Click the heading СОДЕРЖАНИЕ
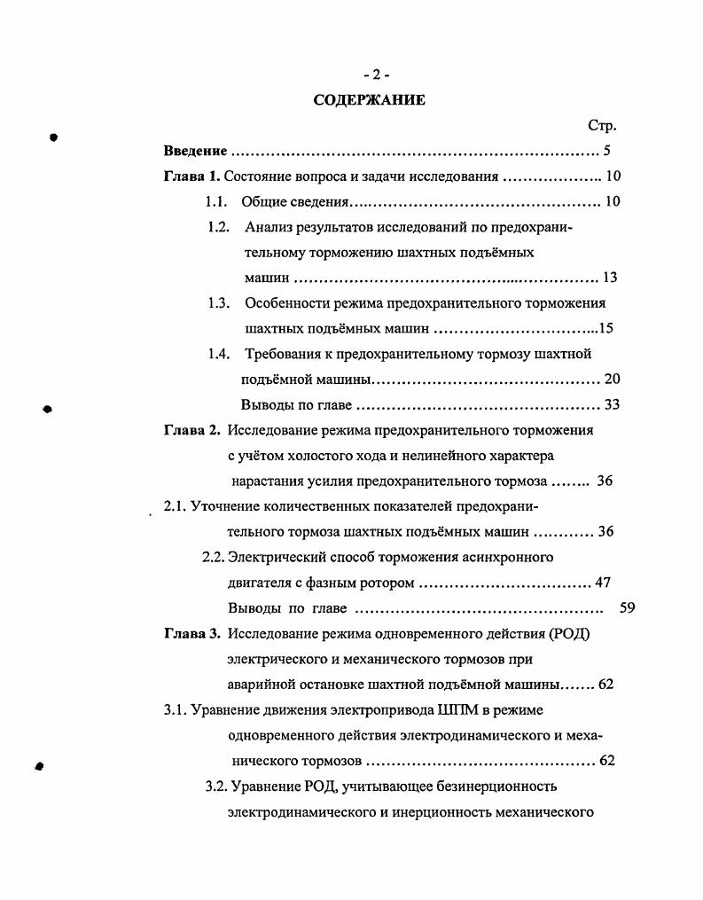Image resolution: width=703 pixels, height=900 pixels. point(370,100)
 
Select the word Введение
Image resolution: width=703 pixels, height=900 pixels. point(196,152)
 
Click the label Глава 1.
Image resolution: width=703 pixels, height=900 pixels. point(191,176)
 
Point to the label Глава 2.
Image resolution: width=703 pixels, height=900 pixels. point(191,431)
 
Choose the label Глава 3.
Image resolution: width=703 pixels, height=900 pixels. point(191,634)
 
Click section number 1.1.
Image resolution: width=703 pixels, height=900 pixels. point(217,202)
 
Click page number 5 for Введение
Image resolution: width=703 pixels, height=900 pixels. point(606,152)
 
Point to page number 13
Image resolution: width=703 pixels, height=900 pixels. point(609,278)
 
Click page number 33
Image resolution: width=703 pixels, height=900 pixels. point(611,405)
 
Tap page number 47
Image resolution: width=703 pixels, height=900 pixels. point(604,583)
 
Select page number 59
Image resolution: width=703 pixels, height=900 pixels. point(628,608)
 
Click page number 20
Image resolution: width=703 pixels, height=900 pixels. point(612,380)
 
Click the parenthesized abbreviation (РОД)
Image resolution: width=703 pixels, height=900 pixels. point(569,634)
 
